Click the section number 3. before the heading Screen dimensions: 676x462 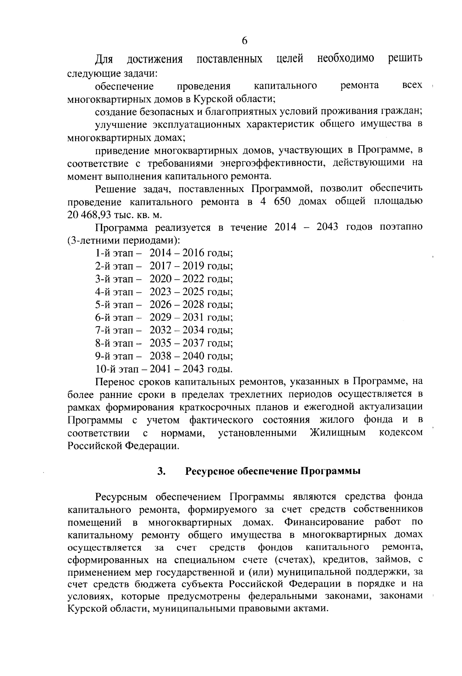tap(162, 471)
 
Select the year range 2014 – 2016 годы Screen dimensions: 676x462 tap(191, 253)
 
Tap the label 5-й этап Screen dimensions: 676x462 tap(114, 305)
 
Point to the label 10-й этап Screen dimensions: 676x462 tap(116, 369)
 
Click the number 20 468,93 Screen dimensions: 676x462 tap(85, 214)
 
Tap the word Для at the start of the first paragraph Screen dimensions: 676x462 tap(104, 59)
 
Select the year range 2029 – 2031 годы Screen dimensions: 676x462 tap(191, 318)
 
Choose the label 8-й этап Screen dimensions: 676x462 tap(114, 343)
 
